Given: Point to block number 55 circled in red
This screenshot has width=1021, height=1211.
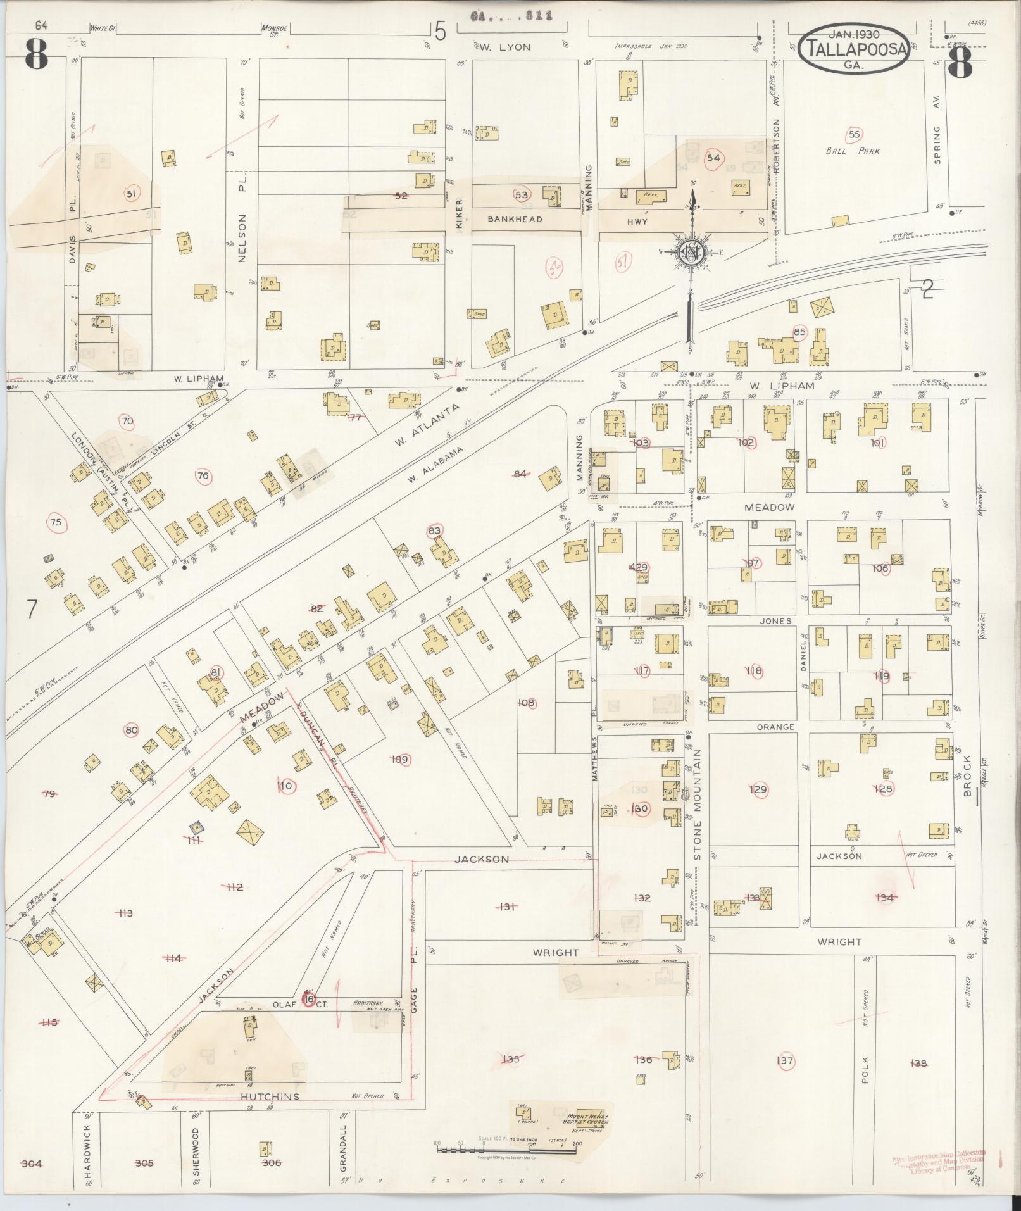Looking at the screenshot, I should [854, 134].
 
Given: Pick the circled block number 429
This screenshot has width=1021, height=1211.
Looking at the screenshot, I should [638, 567].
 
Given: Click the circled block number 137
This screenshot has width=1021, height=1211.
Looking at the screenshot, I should [786, 1061].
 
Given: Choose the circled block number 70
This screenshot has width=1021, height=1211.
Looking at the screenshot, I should [127, 421].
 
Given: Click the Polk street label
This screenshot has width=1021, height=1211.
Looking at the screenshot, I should [865, 1070].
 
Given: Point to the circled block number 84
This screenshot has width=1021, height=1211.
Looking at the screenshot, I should [520, 474].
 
